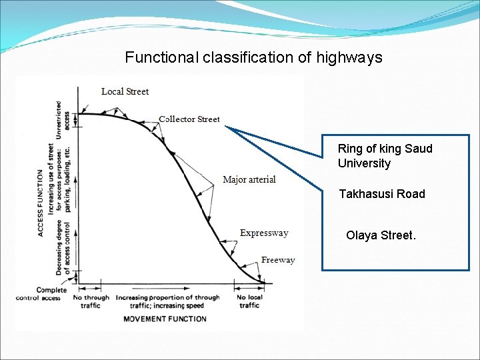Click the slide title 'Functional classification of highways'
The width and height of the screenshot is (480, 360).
253,57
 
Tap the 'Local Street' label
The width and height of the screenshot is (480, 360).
125,91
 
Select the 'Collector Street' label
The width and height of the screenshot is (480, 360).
189,119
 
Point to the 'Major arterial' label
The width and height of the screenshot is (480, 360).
249,180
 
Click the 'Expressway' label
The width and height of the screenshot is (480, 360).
264,233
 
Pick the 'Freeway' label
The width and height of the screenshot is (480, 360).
278,260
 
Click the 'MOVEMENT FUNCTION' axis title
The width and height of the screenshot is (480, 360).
165,319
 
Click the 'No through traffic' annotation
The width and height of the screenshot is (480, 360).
91,301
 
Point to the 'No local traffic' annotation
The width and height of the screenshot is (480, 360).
249,301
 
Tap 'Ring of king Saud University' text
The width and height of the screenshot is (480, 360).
385,156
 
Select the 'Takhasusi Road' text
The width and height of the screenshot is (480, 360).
381,194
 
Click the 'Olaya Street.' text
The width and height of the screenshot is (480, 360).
381,235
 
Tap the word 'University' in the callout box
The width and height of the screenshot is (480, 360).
364,163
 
